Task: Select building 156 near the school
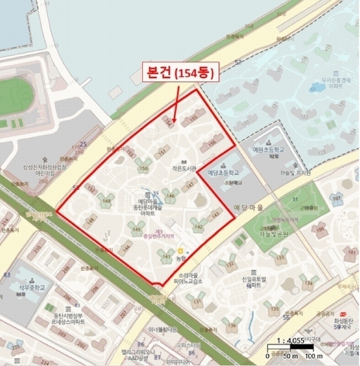click(x=212, y=143)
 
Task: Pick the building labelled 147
click(x=190, y=184)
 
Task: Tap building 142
click(x=198, y=226)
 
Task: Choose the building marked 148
click(x=91, y=219)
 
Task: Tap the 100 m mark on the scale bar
click(x=313, y=356)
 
